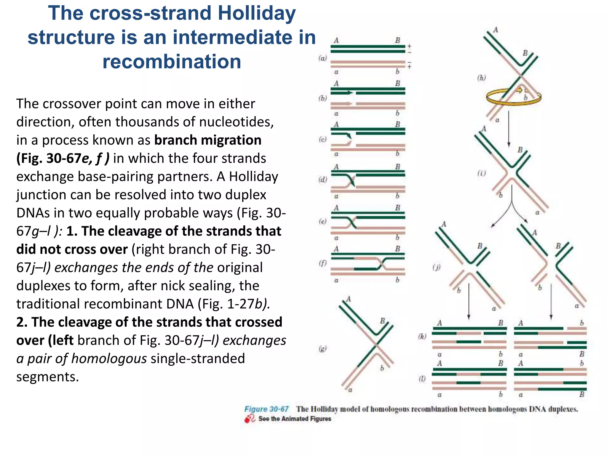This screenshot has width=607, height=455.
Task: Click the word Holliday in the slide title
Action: pos(256,13)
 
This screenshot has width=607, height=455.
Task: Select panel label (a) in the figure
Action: pos(323,58)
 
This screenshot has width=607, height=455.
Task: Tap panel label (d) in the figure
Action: pos(323,180)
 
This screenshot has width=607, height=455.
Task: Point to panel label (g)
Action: pos(323,349)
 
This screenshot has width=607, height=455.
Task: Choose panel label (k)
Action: pos(422,336)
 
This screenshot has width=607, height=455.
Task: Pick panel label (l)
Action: pos(422,379)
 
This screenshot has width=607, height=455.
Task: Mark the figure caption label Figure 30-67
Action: pos(266,409)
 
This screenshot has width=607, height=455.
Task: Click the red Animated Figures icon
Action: pos(250,419)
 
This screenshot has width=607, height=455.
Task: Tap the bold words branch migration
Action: pos(208,140)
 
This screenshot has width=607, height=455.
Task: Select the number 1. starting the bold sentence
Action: pos(72,231)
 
